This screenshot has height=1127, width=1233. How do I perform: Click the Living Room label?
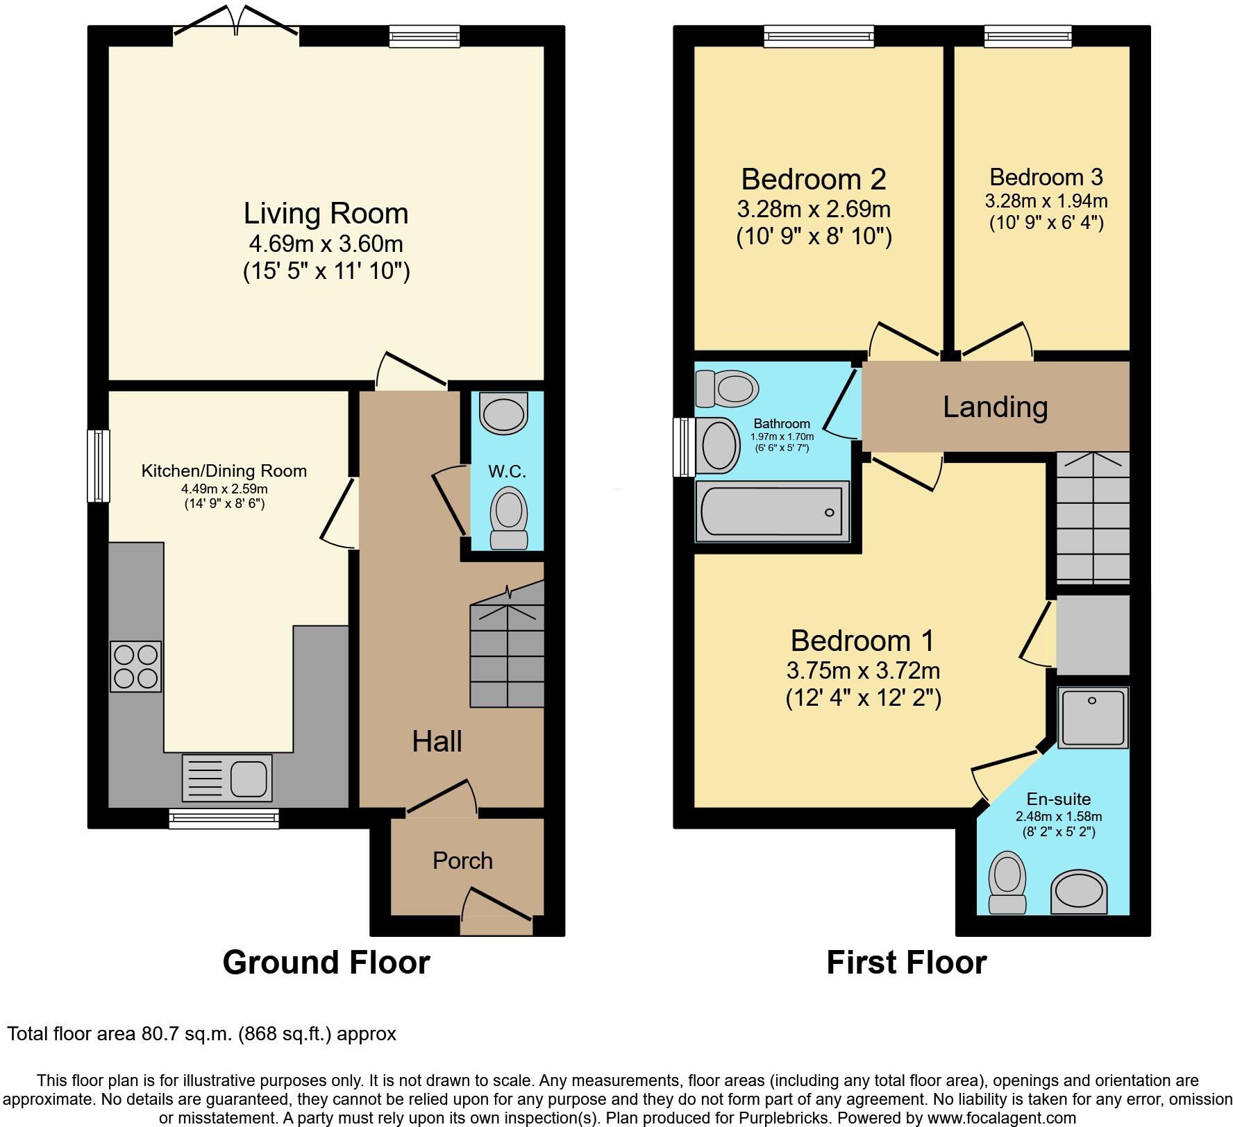(326, 214)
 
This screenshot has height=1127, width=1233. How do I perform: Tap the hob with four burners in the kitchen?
(136, 666)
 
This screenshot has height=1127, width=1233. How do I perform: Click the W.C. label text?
(507, 472)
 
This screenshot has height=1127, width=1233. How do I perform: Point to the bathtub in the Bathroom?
(771, 512)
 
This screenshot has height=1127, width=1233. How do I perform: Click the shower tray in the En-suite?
(1092, 717)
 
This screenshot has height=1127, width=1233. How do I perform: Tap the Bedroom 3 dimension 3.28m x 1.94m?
(1046, 202)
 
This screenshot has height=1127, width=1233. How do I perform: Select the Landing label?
(994, 407)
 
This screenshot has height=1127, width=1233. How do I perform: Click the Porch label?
(462, 861)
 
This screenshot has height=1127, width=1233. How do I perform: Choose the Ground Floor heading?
(326, 963)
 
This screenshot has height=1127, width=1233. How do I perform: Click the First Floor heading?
(906, 963)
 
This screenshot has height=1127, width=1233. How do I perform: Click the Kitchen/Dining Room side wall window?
(98, 466)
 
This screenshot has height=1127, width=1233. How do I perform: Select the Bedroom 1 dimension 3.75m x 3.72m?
(863, 671)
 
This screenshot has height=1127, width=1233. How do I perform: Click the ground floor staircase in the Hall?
(507, 656)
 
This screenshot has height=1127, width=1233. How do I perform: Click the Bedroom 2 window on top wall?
(819, 36)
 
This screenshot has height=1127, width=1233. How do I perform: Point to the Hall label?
(437, 742)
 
